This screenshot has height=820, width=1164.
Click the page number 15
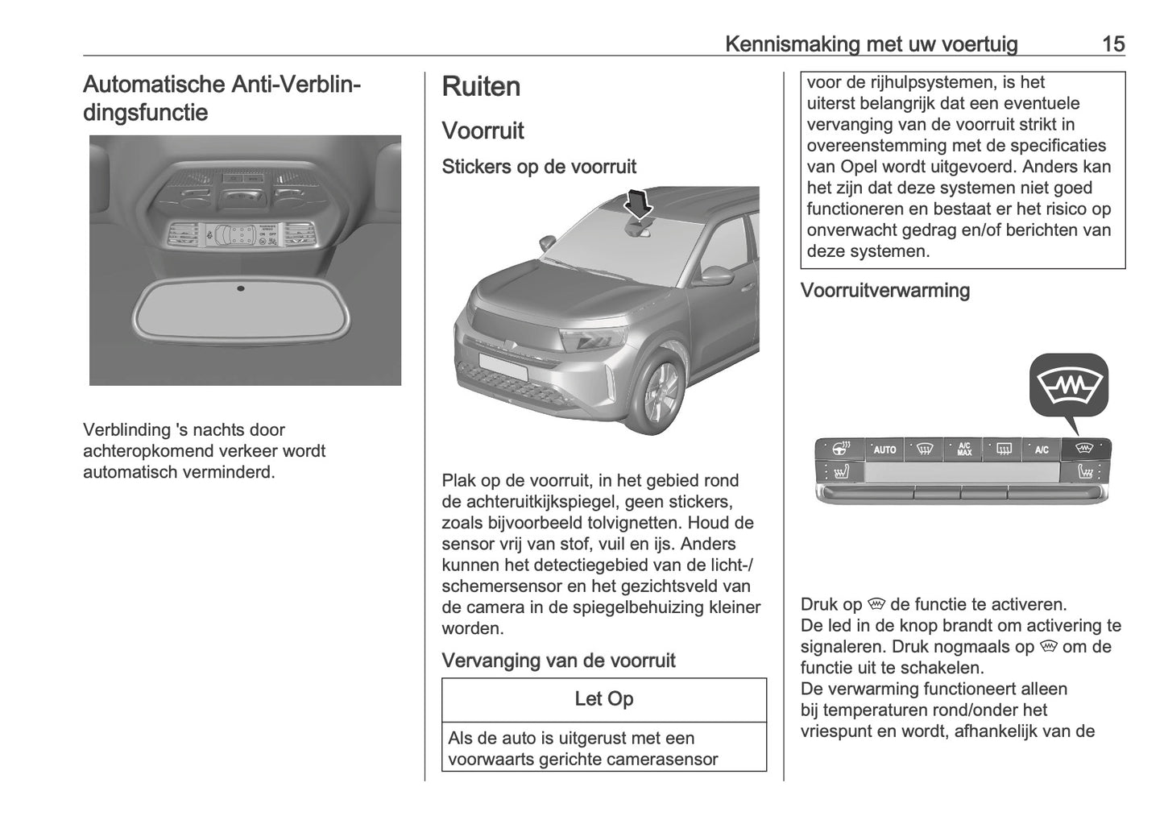click(x=1112, y=43)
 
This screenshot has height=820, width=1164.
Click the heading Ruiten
click(x=481, y=87)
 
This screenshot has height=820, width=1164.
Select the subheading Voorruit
click(x=483, y=130)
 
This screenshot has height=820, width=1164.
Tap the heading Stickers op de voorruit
click(x=539, y=167)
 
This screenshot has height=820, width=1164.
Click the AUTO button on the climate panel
click(x=884, y=449)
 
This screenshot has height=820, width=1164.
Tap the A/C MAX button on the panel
click(x=964, y=449)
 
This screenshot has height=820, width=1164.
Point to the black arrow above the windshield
click(x=640, y=203)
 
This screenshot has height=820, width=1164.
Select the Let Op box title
click(x=604, y=699)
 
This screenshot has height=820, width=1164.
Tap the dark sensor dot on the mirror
click(x=241, y=288)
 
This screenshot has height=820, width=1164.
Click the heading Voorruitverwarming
click(x=884, y=291)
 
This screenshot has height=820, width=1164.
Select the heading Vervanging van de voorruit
click(x=558, y=661)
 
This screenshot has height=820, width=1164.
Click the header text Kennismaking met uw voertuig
click(x=871, y=43)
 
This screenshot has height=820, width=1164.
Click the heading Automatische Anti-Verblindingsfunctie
click(x=222, y=97)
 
